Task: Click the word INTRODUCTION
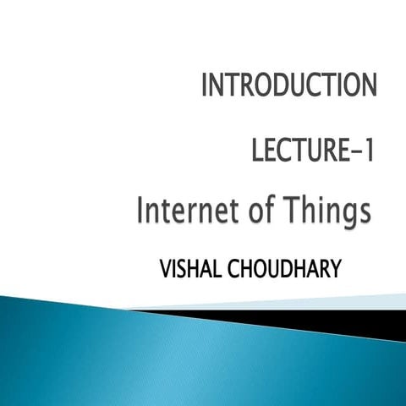pyautogui.click(x=288, y=86)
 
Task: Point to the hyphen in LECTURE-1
pyautogui.click(x=354, y=154)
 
